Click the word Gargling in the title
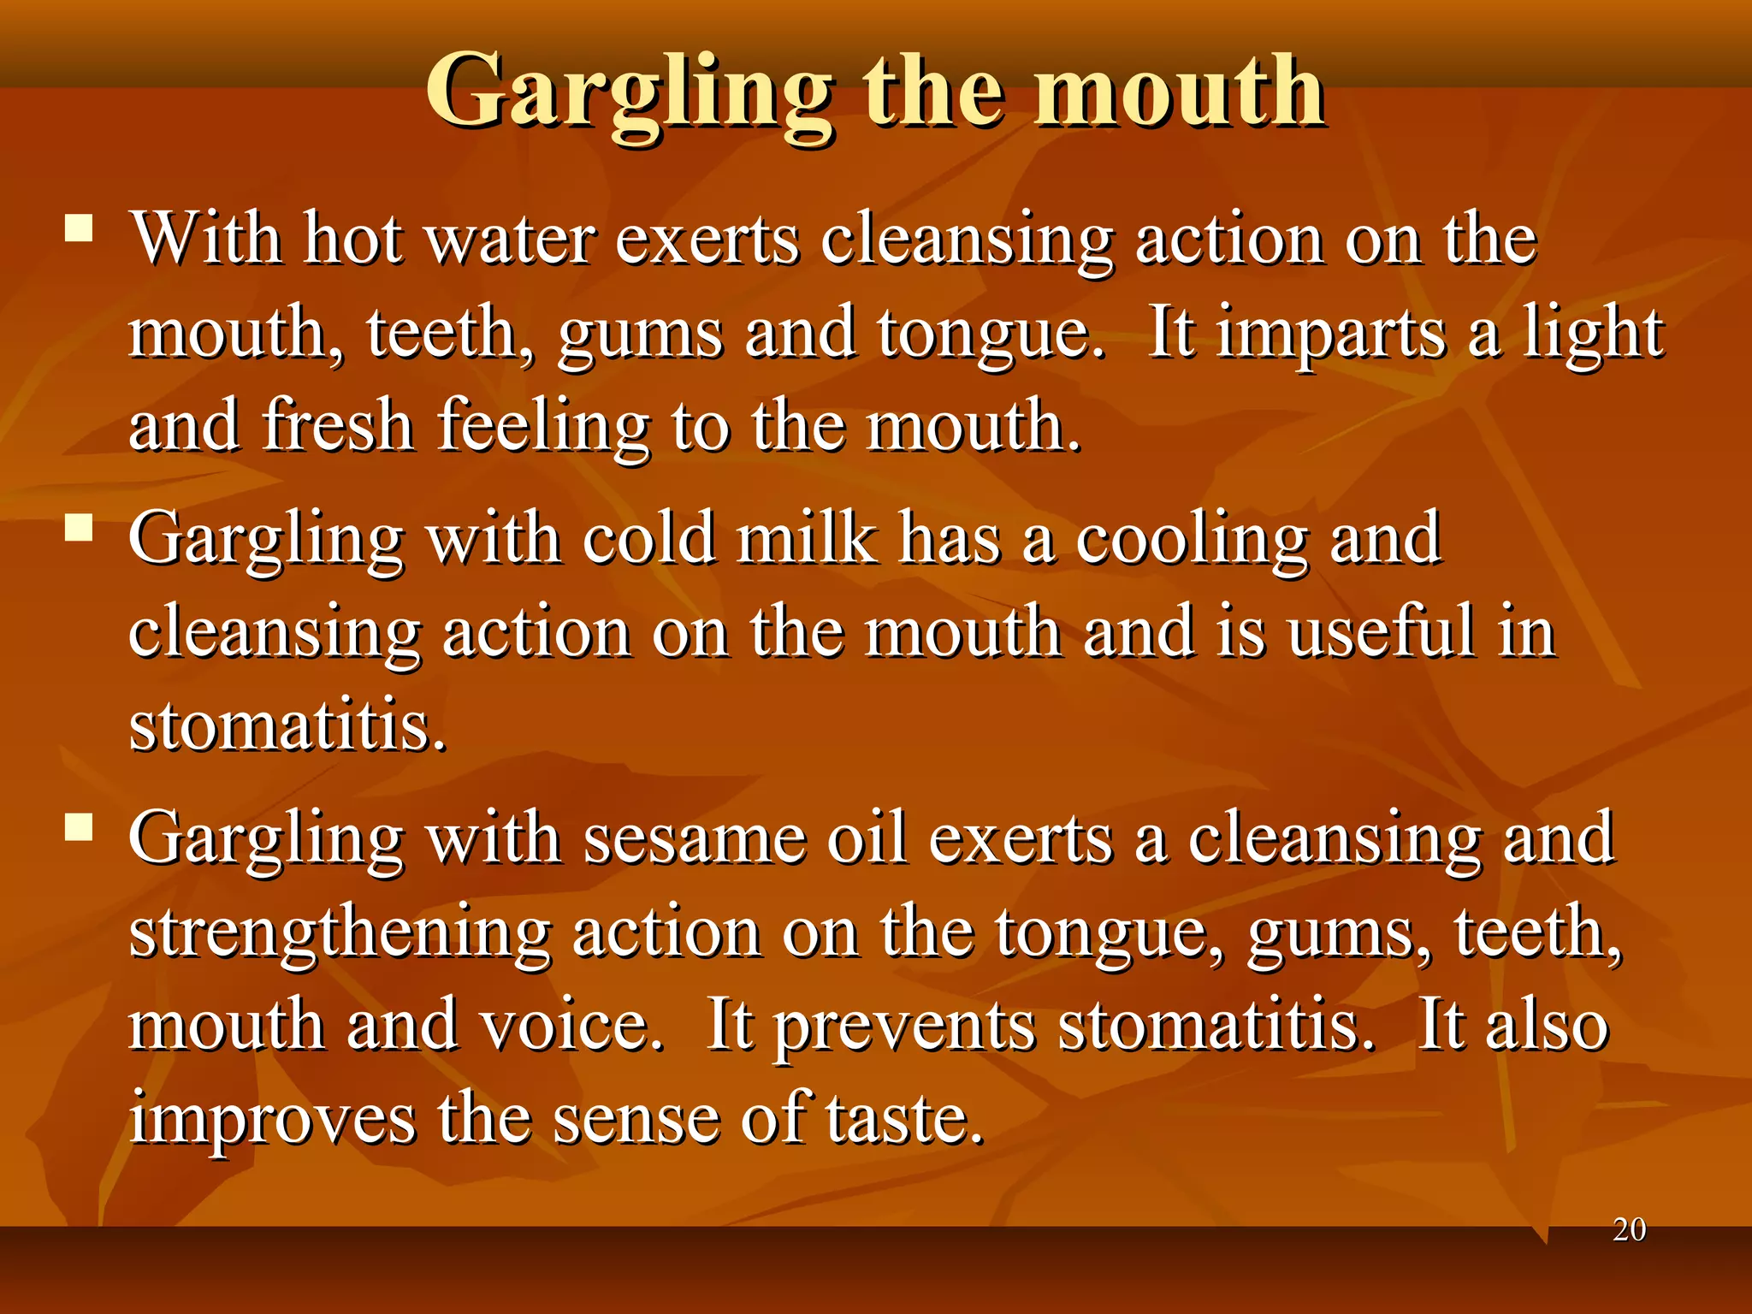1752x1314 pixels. (x=628, y=92)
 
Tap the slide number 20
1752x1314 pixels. (x=1629, y=1230)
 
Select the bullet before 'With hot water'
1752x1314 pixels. (x=79, y=228)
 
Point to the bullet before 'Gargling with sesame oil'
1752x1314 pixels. (x=79, y=827)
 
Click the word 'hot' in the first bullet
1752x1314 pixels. (x=352, y=239)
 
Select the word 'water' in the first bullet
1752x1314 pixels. (x=511, y=239)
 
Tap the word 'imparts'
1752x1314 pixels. (x=1331, y=334)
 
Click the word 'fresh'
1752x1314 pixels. (x=339, y=425)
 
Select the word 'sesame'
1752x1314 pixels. (x=695, y=839)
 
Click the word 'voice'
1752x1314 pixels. (x=571, y=1026)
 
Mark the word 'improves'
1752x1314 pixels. (x=272, y=1122)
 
